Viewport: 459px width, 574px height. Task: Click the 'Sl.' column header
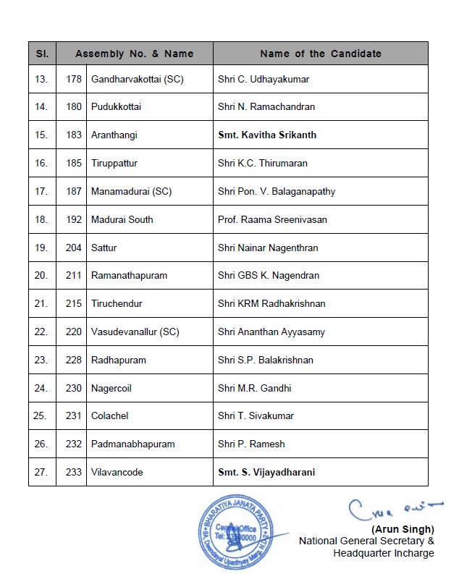point(41,54)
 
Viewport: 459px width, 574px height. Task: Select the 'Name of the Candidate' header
point(320,54)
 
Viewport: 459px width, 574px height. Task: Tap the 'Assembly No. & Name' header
point(134,54)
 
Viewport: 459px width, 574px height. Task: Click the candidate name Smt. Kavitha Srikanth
point(266,135)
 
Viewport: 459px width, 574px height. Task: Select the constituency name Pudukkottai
point(116,107)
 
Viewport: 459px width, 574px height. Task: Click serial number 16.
point(41,163)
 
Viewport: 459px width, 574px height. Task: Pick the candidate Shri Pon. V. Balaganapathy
point(277,191)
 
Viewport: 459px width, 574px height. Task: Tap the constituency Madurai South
point(122,219)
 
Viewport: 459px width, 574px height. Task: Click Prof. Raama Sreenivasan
point(272,219)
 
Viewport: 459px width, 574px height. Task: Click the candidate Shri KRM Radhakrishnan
point(271,303)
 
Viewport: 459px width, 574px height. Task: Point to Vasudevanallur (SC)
point(135,332)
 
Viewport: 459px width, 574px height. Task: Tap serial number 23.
point(41,360)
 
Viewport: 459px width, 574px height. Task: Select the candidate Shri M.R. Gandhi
point(254,388)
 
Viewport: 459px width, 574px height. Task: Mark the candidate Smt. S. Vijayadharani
point(266,472)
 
